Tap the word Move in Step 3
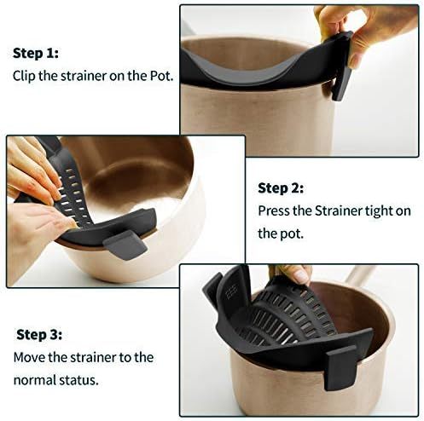tap(28, 357)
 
